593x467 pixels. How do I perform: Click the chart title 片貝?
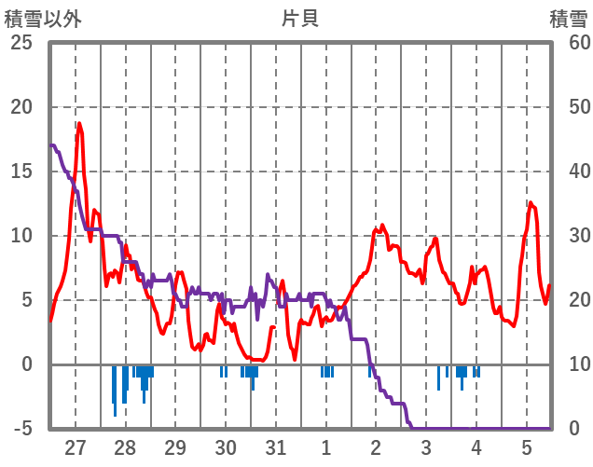pos(299,18)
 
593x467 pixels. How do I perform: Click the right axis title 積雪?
pos(568,18)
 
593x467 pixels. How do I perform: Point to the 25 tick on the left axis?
pos(21,43)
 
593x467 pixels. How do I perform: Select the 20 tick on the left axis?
pos(21,107)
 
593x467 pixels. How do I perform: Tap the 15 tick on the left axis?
pos(21,172)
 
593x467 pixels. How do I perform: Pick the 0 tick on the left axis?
pos(26,364)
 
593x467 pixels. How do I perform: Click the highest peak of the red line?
pos(79,124)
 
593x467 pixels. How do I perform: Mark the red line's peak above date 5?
pos(531,202)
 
